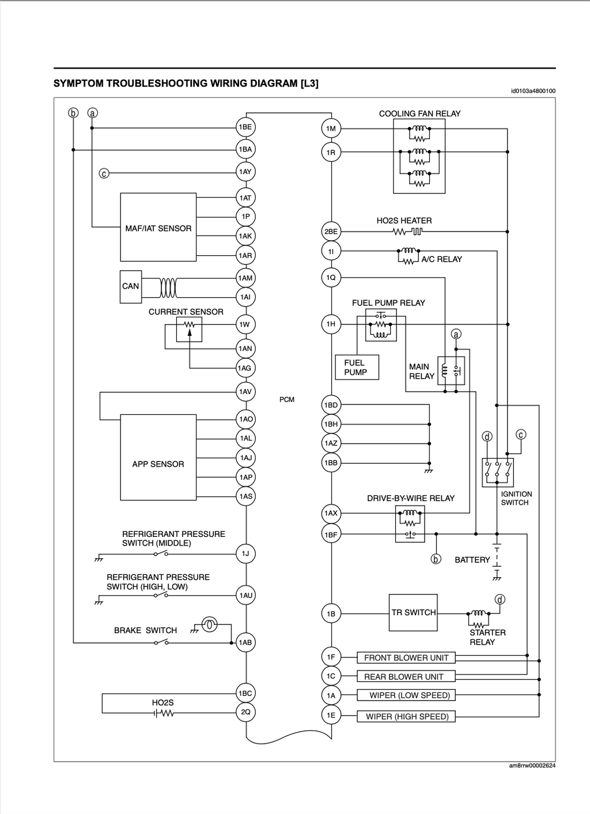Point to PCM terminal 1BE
(x=245, y=127)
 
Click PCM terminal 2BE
(x=331, y=231)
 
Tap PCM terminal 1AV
(x=245, y=392)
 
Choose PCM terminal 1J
(x=245, y=554)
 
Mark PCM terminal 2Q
(x=245, y=712)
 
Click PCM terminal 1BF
(x=331, y=534)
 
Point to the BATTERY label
(x=472, y=559)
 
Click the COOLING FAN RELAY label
(x=419, y=113)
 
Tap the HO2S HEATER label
(x=404, y=221)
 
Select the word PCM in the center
(x=287, y=399)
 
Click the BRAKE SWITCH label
(x=145, y=630)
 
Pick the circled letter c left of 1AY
(x=104, y=173)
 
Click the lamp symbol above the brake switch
(x=209, y=624)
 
